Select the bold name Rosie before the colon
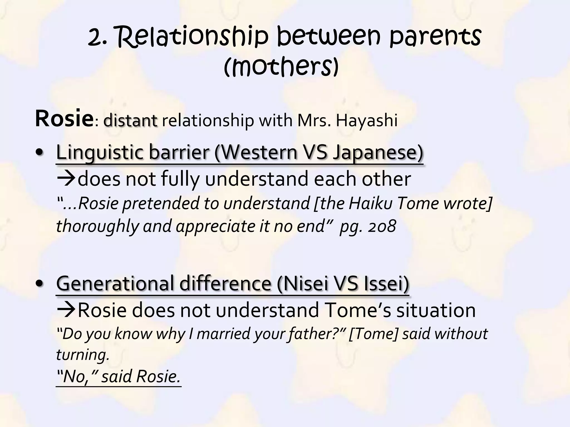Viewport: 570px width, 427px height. (x=64, y=119)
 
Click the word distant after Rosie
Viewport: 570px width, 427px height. (x=130, y=121)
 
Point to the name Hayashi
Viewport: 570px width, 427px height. (x=367, y=121)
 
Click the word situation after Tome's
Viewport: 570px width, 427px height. (x=436, y=310)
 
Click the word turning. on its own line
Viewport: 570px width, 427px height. (x=83, y=355)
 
